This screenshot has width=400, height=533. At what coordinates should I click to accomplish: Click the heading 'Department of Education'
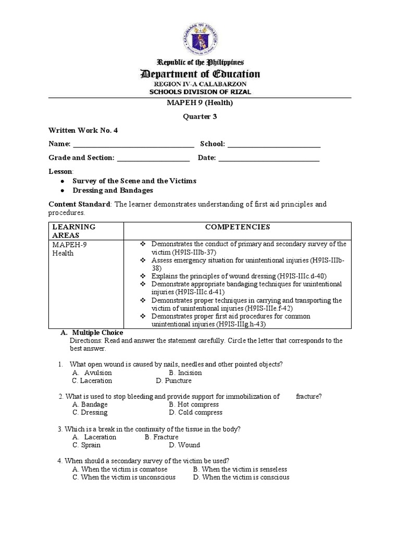pyautogui.click(x=200, y=74)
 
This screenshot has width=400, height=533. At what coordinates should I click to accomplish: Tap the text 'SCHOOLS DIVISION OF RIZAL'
pyautogui.click(x=200, y=92)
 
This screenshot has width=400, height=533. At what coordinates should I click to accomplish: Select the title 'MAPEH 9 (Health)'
pyautogui.click(x=200, y=103)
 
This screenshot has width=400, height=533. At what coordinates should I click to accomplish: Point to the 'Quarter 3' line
pyautogui.click(x=200, y=117)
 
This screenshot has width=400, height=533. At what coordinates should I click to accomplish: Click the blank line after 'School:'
pyautogui.click(x=274, y=144)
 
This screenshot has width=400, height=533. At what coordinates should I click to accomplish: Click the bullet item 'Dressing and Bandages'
pyautogui.click(x=113, y=191)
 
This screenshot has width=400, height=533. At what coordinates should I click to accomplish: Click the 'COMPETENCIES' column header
pyautogui.click(x=237, y=227)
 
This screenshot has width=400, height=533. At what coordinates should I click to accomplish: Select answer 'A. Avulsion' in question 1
pyautogui.click(x=92, y=373)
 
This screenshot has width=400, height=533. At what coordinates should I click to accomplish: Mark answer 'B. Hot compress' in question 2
pyautogui.click(x=194, y=404)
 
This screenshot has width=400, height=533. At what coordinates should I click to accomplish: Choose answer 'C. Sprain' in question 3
pyautogui.click(x=87, y=445)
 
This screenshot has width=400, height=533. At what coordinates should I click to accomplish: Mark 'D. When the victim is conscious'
pyautogui.click(x=241, y=477)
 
